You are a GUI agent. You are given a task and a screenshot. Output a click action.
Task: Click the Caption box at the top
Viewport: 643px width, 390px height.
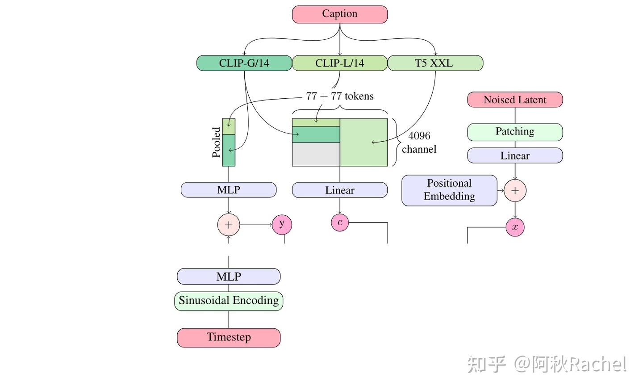339,14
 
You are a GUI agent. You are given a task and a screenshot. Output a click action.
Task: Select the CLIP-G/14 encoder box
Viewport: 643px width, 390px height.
244,63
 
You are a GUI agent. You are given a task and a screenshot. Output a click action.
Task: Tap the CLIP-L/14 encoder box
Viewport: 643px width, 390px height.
339,63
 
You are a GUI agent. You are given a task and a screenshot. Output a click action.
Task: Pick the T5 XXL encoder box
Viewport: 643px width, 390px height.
435,63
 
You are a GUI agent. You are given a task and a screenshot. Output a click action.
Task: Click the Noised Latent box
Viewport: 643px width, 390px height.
514,100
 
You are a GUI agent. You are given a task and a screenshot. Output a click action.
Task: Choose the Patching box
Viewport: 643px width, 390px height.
514,132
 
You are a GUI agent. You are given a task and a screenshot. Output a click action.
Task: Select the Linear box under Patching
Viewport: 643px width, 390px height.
514,155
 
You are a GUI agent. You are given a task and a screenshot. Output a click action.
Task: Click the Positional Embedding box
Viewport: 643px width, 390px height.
449,190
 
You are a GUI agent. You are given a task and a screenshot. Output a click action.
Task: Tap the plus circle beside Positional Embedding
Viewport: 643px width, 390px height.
515,191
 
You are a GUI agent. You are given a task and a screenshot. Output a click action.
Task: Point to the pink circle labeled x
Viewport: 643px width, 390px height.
515,227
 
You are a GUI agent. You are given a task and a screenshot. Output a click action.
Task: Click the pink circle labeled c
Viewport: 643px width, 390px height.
340,222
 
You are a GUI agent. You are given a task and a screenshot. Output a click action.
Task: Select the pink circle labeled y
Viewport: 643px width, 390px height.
282,224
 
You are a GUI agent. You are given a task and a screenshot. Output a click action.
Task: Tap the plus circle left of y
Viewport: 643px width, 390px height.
229,225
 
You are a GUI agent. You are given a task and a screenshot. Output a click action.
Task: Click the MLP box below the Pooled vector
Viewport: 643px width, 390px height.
228,190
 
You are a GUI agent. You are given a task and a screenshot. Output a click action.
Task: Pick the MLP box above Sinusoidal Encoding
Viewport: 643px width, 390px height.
228,277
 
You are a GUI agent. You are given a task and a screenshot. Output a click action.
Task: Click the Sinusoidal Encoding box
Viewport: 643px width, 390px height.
228,301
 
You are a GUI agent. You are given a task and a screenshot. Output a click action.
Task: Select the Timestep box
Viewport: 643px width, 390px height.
228,337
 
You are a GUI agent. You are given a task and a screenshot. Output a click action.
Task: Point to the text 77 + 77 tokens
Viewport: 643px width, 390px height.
339,96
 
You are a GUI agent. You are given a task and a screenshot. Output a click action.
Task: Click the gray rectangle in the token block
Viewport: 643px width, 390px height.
316,155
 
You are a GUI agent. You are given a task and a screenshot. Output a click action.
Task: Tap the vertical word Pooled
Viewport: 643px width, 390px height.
216,143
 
